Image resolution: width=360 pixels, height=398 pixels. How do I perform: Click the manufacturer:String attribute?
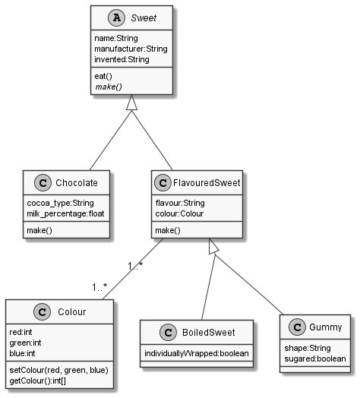click(x=131, y=49)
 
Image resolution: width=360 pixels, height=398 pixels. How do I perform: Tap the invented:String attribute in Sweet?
click(x=121, y=59)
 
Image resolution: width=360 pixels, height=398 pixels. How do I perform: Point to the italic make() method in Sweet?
click(x=109, y=87)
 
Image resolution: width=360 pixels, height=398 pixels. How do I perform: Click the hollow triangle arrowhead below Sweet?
click(x=131, y=103)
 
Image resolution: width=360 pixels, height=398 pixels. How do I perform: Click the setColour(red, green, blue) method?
click(x=58, y=368)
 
